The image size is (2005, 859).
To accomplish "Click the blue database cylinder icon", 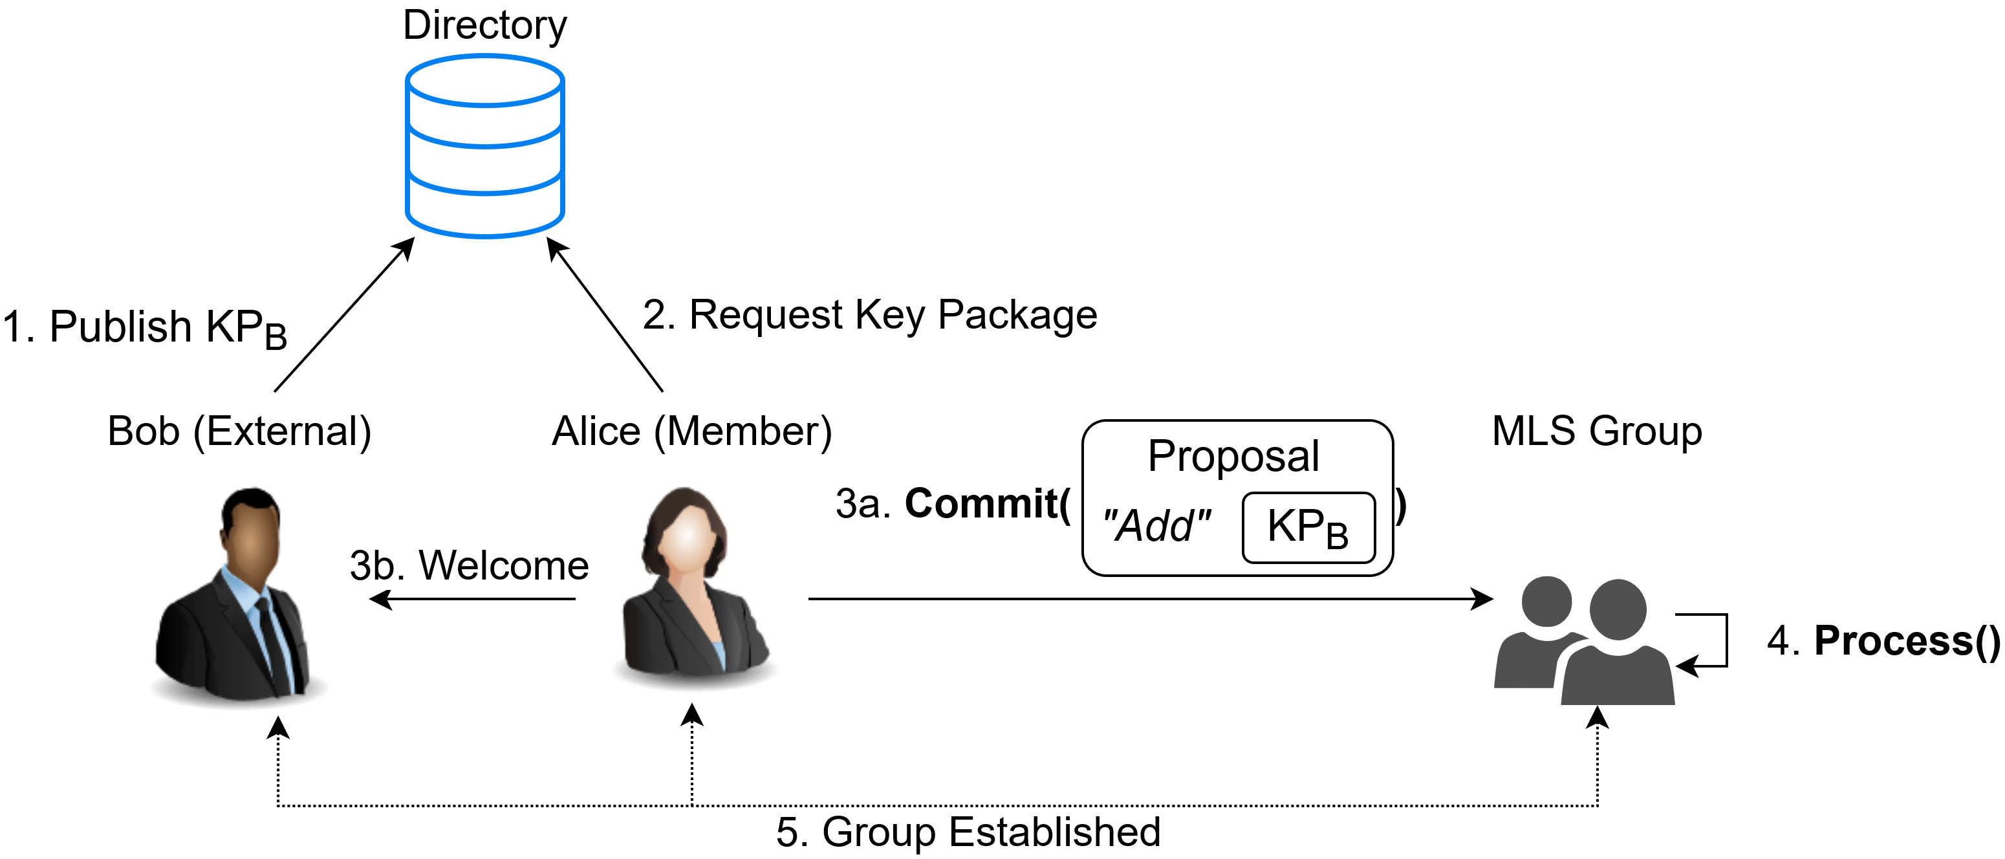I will pos(484,146).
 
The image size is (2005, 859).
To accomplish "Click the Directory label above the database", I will pos(484,25).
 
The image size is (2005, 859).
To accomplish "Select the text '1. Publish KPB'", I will pos(145,327).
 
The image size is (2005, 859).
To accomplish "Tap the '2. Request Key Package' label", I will pos(869,315).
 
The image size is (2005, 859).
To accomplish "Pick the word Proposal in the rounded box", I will pos(1233,456).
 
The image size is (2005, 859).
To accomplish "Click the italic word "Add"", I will pos(1156,526).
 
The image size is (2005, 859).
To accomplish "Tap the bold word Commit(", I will pos(987,503).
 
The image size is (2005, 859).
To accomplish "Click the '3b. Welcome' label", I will pos(468,566).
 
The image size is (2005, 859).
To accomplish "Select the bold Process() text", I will pos(1906,641).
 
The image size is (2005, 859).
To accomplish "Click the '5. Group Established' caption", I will pos(968,832).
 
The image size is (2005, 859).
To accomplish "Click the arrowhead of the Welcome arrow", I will pos(379,599).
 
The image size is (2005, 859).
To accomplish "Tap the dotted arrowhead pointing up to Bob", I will pos(278,728).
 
